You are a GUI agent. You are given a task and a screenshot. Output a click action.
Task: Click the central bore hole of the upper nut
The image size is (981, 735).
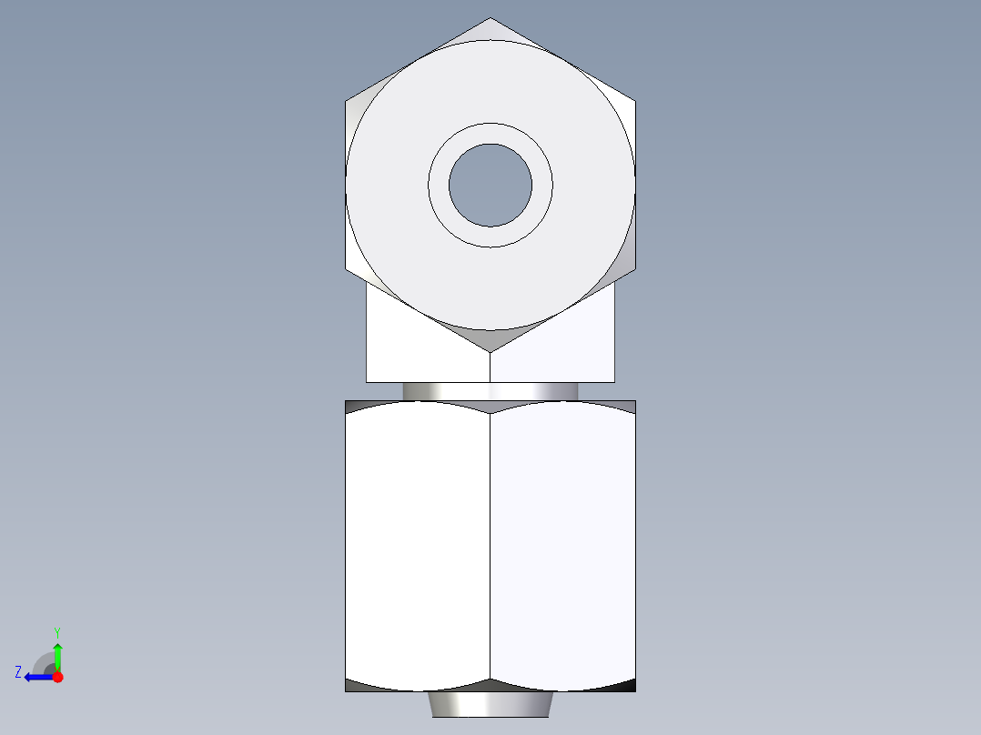pyautogui.click(x=490, y=185)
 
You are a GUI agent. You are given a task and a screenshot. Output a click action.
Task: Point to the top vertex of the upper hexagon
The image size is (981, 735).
pyautogui.click(x=490, y=18)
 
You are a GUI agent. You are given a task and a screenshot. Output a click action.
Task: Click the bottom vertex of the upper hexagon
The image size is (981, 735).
pyautogui.click(x=490, y=351)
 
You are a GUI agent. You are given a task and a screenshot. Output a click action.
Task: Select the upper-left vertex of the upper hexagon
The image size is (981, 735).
pyautogui.click(x=347, y=100)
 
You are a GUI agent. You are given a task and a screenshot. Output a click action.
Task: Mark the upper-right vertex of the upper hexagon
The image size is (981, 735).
pyautogui.click(x=634, y=100)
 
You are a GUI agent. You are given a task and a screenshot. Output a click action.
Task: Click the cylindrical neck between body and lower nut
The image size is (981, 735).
pyautogui.click(x=490, y=390)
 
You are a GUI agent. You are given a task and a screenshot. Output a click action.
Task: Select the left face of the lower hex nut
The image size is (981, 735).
pyautogui.click(x=418, y=546)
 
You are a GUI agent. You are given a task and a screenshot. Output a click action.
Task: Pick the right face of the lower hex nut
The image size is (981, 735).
pyautogui.click(x=562, y=546)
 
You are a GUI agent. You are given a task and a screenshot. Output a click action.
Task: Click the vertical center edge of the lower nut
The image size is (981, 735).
pyautogui.click(x=490, y=546)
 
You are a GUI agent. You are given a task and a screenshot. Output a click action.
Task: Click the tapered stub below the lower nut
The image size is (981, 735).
pyautogui.click(x=490, y=704)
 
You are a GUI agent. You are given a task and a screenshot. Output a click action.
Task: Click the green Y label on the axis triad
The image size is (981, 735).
pyautogui.click(x=56, y=631)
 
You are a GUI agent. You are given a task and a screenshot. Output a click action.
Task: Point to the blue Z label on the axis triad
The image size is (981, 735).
pyautogui.click(x=18, y=671)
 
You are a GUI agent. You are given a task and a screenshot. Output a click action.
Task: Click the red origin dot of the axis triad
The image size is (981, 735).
pyautogui.click(x=57, y=677)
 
